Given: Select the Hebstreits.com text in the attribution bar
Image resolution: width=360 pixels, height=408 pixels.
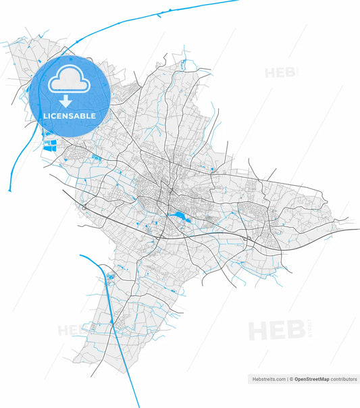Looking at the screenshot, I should click(268, 380).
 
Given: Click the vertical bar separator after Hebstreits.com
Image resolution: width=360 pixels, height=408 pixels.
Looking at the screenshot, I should click(287, 380).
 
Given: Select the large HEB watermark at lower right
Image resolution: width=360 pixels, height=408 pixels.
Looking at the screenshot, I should click(276, 330).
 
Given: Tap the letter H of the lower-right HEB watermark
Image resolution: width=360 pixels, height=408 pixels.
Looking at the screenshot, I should click(257, 330).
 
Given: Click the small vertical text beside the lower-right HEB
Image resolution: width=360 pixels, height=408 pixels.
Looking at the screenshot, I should click(308, 330).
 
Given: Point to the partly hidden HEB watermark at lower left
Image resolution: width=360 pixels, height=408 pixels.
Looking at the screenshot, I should click(70, 331).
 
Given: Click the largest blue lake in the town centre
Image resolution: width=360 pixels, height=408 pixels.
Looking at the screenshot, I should click(180, 216).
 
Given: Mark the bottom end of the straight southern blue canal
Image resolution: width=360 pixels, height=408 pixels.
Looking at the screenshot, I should click(138, 406).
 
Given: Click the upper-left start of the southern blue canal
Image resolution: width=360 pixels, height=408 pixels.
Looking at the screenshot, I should click(80, 255).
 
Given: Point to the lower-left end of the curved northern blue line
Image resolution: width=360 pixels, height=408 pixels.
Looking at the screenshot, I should click(9, 190).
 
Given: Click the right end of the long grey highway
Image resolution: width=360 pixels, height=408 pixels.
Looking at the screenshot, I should click(359, 230).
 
